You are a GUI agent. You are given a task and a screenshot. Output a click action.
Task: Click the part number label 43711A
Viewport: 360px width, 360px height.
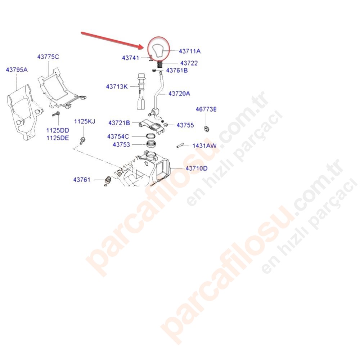(190, 51)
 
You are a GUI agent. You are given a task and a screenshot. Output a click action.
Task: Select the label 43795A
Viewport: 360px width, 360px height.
(17, 69)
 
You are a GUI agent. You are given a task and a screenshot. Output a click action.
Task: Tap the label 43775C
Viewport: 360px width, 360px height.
(48, 57)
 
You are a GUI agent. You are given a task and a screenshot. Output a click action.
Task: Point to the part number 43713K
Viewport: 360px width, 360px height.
(117, 86)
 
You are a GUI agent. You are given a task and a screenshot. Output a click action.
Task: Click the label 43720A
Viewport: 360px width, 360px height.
(179, 94)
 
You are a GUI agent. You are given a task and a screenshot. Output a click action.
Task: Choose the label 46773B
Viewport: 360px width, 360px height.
(206, 109)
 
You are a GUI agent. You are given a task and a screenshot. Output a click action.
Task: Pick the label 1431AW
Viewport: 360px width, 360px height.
(204, 145)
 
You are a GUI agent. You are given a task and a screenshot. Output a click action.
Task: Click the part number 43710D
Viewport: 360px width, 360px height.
(197, 168)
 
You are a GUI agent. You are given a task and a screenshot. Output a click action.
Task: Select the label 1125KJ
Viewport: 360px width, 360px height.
(85, 121)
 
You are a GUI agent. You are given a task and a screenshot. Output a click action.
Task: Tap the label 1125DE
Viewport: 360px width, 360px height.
(58, 138)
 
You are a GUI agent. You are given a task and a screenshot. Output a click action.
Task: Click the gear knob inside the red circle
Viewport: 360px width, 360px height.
(158, 50)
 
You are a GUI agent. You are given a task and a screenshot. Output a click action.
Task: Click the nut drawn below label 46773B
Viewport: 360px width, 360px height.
(206, 129)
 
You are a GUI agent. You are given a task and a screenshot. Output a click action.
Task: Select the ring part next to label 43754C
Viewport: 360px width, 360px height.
(151, 136)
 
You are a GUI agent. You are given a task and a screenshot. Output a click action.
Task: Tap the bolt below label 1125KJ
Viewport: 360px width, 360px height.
(83, 140)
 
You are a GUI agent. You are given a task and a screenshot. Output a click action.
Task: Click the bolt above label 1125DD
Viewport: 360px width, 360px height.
(56, 114)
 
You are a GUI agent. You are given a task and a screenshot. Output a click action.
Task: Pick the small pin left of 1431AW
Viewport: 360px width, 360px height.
(180, 145)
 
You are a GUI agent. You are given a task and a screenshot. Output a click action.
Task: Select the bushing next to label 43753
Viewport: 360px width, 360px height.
(151, 144)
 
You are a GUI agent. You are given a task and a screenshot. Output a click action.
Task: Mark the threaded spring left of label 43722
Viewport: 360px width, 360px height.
(160, 64)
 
